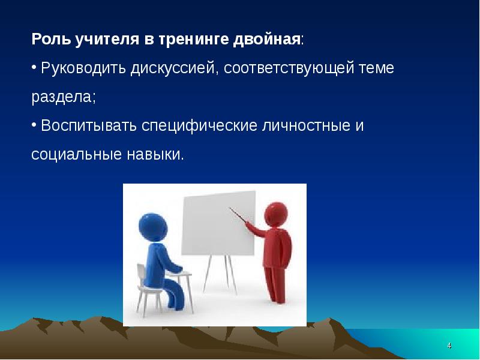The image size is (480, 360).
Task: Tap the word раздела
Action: pyautogui.click(x=63, y=97)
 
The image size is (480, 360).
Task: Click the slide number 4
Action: pyautogui.click(x=449, y=347)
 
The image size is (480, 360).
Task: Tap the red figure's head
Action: pyautogui.click(x=274, y=212)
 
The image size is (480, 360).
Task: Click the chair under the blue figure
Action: pyautogui.click(x=147, y=294)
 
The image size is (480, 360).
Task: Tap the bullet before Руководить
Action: pyautogui.click(x=34, y=67)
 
